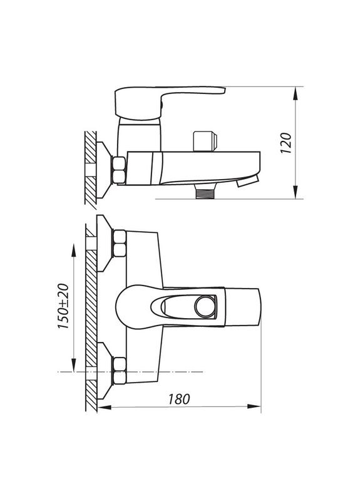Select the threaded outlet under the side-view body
(205, 191)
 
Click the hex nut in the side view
(119, 170)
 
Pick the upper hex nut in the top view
(119, 244)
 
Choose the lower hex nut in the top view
(119, 369)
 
